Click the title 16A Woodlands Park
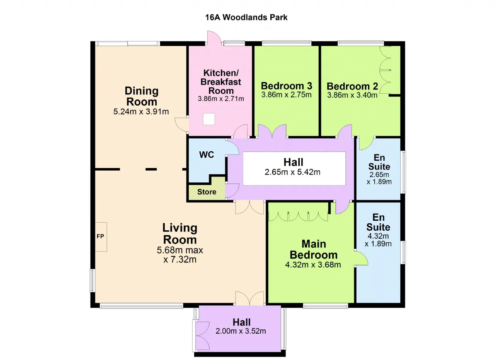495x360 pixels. coord(246,17)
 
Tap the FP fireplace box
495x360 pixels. coord(101,237)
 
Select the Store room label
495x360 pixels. coord(207,192)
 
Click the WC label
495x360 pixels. coord(207,154)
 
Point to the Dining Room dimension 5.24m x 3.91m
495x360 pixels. coord(141,111)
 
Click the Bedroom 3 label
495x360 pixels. coord(287,86)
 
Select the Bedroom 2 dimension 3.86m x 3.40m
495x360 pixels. coord(352,95)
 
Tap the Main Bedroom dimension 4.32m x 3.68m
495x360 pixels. coord(313,265)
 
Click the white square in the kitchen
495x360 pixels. coord(209,119)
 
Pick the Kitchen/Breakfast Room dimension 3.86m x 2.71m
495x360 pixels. coord(221,99)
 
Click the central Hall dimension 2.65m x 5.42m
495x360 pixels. coord(292,172)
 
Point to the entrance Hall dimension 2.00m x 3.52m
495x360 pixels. coord(241,331)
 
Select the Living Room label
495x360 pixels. coord(180,234)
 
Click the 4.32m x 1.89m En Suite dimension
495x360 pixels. coord(378,240)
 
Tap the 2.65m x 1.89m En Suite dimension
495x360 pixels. coord(379,178)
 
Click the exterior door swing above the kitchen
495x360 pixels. coord(214,38)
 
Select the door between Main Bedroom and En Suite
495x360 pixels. coord(361,258)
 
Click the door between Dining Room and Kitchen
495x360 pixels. coord(181,125)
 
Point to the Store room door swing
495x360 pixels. coord(232,190)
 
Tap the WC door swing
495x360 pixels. coord(233,147)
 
